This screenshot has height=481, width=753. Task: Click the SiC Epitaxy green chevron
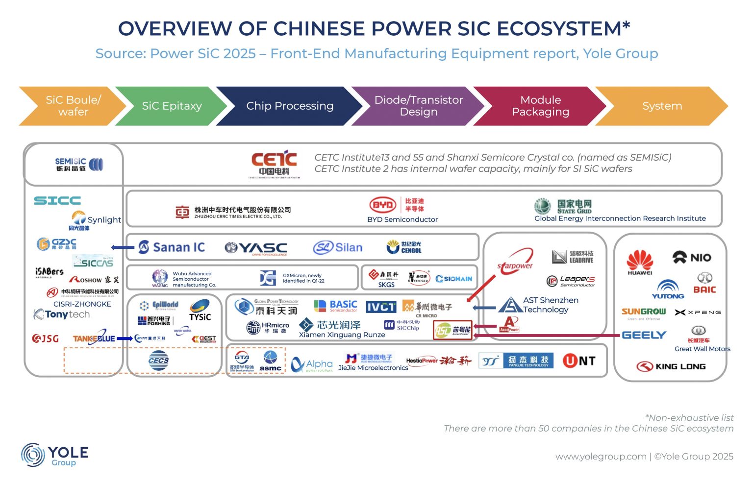(172, 106)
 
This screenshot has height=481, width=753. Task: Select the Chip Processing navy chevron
(289, 106)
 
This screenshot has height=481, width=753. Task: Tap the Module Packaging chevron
(540, 106)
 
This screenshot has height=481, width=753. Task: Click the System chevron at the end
(662, 106)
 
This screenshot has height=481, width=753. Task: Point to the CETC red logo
(274, 164)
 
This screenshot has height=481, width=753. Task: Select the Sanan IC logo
(172, 247)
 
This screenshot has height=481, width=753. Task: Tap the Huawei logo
(640, 262)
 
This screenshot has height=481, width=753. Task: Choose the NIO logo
(692, 258)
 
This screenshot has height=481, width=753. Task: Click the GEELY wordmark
(644, 335)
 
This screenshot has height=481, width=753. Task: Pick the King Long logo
(671, 366)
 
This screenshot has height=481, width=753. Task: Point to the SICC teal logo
(57, 200)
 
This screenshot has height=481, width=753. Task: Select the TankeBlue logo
(94, 338)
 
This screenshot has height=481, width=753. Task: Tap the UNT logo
(579, 361)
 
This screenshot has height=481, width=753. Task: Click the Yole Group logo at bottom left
(54, 455)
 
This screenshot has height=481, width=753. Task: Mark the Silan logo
(338, 247)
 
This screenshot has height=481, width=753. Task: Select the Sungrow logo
(643, 313)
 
